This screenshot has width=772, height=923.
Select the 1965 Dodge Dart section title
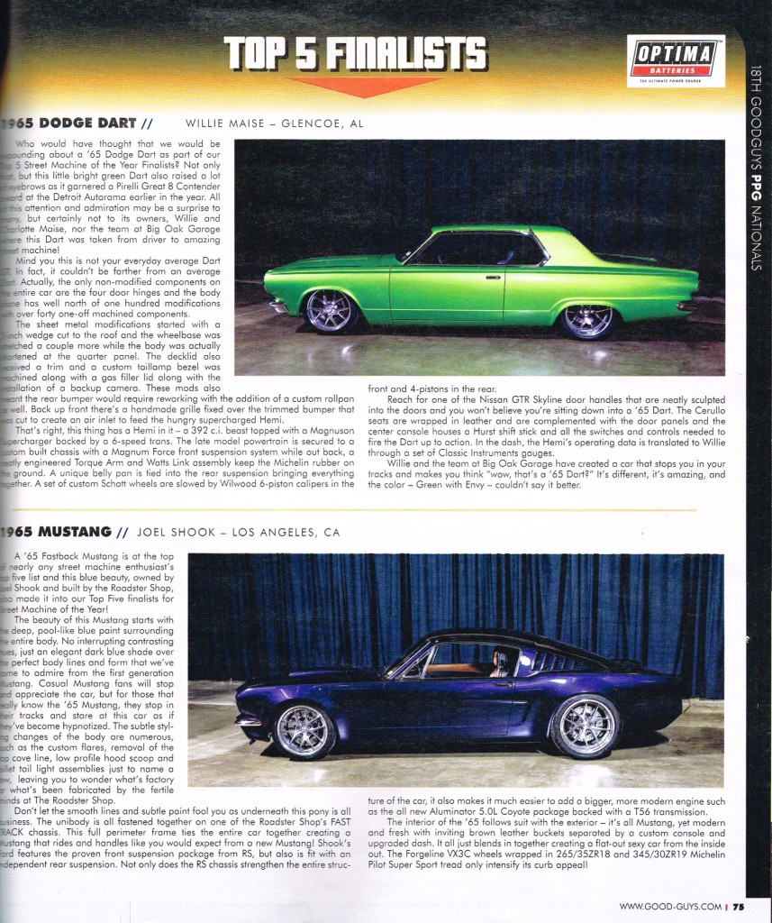(69, 123)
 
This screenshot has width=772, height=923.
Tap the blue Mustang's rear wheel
(585, 726)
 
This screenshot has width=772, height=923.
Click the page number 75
(738, 907)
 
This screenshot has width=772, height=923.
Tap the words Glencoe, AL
(323, 123)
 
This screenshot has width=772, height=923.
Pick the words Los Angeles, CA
(286, 532)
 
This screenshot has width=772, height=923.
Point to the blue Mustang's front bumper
(248, 719)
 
